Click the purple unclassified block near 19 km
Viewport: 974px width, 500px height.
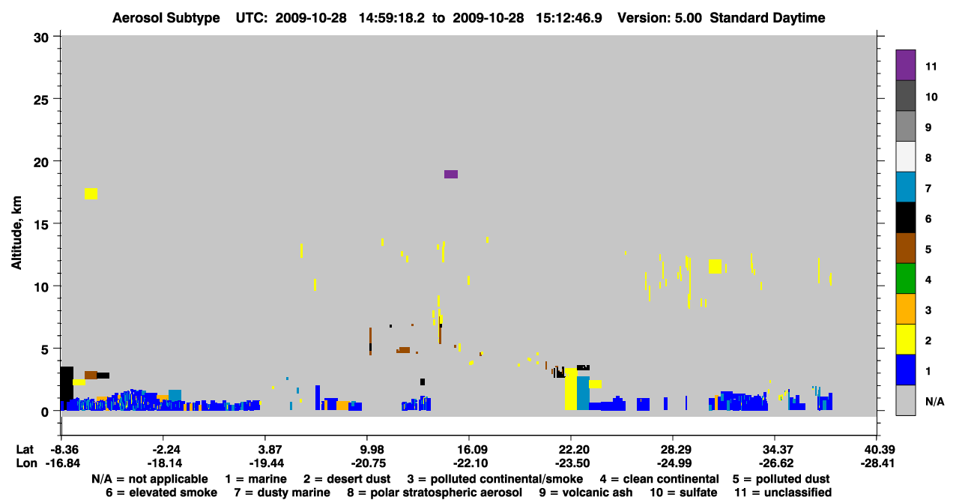tap(450, 174)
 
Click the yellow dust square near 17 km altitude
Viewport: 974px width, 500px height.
tap(91, 193)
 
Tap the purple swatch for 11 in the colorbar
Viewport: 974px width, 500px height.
tap(905, 64)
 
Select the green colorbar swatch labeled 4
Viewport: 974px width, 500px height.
tap(905, 279)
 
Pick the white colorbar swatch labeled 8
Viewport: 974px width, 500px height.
tap(905, 157)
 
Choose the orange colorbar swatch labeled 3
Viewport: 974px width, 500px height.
tap(905, 309)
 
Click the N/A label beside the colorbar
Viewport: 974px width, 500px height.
tap(934, 401)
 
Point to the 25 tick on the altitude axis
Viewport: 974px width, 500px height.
tap(41, 100)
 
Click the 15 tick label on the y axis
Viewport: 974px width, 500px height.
tap(41, 225)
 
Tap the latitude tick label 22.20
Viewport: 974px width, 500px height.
tap(570, 449)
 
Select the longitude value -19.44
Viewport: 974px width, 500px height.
tap(266, 463)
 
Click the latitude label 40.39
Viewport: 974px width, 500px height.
tap(877, 449)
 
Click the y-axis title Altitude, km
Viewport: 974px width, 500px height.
tap(16, 232)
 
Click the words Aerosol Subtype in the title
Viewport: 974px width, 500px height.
tap(166, 18)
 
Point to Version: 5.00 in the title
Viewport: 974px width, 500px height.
tap(659, 18)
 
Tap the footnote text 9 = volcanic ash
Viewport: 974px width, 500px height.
tap(586, 493)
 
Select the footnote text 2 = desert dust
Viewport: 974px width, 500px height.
tap(347, 479)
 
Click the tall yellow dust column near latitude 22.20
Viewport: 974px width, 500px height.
tap(570, 389)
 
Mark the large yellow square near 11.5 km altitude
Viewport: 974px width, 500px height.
tap(715, 266)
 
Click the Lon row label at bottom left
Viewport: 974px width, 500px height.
tap(26, 463)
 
